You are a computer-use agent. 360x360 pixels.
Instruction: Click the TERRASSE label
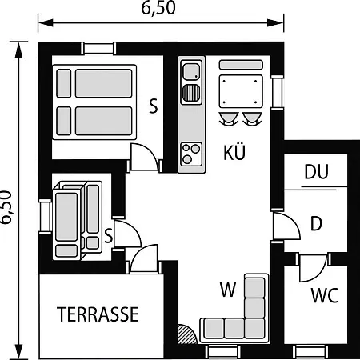pyautogui.click(x=98, y=314)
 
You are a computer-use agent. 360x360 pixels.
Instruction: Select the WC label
pyautogui.click(x=325, y=295)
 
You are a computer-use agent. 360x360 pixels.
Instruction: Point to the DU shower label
pyautogui.click(x=316, y=171)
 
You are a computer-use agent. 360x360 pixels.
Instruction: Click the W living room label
pyautogui.click(x=228, y=290)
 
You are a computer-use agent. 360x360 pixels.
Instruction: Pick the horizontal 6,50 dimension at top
pyautogui.click(x=158, y=8)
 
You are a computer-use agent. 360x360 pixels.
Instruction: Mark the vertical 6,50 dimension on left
pyautogui.click(x=6, y=207)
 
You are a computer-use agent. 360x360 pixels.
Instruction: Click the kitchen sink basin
pyautogui.click(x=191, y=71)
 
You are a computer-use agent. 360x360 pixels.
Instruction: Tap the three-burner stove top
pyautogui.click(x=191, y=154)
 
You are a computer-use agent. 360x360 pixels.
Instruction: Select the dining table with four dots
pyautogui.click(x=241, y=91)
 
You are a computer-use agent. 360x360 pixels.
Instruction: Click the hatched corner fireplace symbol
pyautogui.click(x=186, y=334)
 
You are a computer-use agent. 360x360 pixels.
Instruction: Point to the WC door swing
pyautogui.click(x=314, y=268)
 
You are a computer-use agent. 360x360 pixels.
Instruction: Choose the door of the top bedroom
pyautogui.click(x=145, y=157)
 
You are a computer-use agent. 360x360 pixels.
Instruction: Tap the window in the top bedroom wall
pyautogui.click(x=98, y=49)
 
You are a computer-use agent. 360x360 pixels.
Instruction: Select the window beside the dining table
pyautogui.click(x=278, y=92)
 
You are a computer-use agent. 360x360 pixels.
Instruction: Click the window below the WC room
pyautogui.click(x=310, y=352)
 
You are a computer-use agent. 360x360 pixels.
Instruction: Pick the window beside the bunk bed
pyautogui.click(x=45, y=217)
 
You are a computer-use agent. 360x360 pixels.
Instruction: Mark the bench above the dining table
pyautogui.click(x=241, y=65)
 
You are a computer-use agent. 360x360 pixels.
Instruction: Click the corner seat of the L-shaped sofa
pyautogui.click(x=254, y=328)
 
